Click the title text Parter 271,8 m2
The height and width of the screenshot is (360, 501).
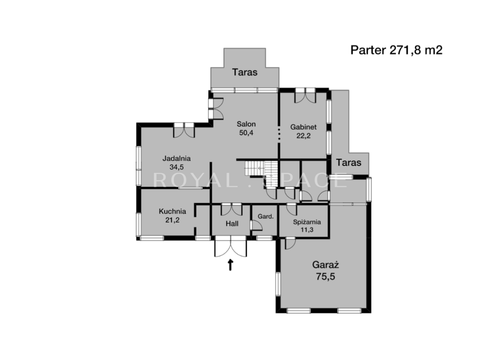point(396,50)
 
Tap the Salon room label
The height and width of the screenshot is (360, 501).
point(246,124)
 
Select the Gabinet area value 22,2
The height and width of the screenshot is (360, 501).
point(304,135)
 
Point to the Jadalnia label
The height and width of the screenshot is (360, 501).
point(176,158)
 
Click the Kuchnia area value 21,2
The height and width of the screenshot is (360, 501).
point(173,220)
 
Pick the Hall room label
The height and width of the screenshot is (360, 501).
point(232,224)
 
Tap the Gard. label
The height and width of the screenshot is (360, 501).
point(266,216)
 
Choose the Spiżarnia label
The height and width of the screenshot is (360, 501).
point(307,222)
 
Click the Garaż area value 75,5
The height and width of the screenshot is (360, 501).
point(325,277)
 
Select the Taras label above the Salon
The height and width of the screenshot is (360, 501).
point(245,72)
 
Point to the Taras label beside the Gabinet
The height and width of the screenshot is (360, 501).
point(348,163)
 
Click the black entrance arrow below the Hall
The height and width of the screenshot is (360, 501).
point(230,265)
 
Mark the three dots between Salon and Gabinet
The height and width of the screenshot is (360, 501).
point(279,134)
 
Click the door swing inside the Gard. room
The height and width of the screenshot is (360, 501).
point(256,225)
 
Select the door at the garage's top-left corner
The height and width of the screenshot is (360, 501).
point(290,244)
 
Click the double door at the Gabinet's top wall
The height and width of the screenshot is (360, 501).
point(305,95)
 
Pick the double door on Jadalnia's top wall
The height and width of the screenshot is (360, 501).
point(184,130)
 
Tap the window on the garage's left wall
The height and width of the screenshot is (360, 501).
point(278,284)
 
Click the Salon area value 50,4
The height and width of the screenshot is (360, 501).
point(246,132)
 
